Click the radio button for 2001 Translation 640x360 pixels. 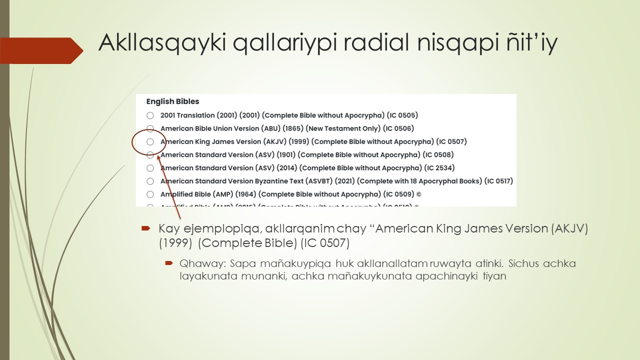(x=150, y=115)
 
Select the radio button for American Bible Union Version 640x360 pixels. (x=150, y=128)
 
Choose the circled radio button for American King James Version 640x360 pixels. (x=150, y=142)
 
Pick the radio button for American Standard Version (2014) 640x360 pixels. (x=150, y=168)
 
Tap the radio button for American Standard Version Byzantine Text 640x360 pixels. (x=150, y=181)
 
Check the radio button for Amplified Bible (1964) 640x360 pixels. (x=150, y=194)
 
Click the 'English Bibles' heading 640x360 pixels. (x=172, y=101)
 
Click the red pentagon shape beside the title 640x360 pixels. (x=42, y=50)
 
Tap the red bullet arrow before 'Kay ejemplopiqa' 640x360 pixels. (x=145, y=228)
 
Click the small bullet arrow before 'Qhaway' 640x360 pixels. (x=169, y=263)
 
